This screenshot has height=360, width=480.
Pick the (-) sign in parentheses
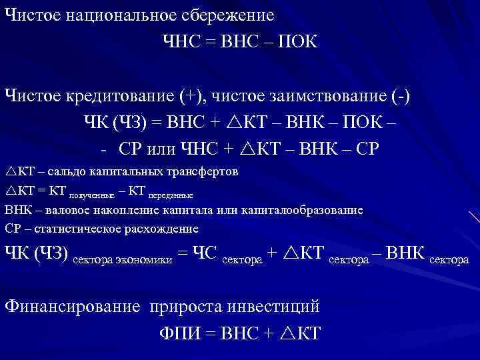tap(401, 95)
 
